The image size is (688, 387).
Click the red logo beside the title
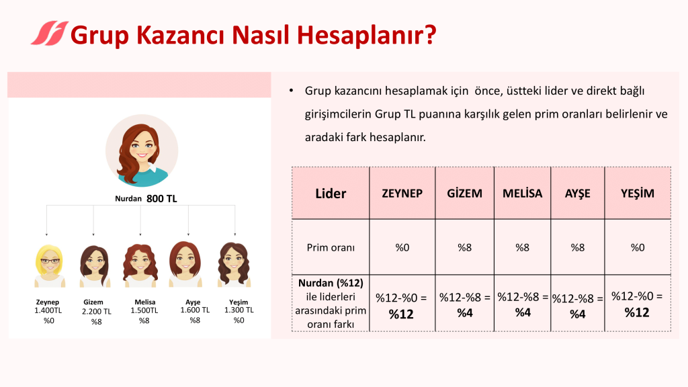point(50,34)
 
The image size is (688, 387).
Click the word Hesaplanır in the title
point(367,35)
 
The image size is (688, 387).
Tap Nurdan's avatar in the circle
point(142,151)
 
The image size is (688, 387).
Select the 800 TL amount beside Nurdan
point(161,199)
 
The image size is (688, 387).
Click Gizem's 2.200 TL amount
point(97,312)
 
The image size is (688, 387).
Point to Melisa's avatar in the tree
point(140,265)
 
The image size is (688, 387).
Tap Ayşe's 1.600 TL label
point(195,310)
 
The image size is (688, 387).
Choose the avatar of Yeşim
point(234,265)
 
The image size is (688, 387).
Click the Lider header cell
point(331,193)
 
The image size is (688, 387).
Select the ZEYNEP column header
point(402,193)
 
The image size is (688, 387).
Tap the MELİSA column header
point(522,193)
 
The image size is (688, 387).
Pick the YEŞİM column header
point(637,193)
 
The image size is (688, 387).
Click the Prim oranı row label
point(331,247)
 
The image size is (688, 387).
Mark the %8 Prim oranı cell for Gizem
point(465,247)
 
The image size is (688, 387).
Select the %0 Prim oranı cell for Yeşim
point(638,247)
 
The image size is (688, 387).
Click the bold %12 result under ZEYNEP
point(401,314)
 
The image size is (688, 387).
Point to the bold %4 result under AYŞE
point(577,314)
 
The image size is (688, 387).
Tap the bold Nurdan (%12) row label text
point(331,283)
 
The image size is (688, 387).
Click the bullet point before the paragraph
point(291,91)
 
